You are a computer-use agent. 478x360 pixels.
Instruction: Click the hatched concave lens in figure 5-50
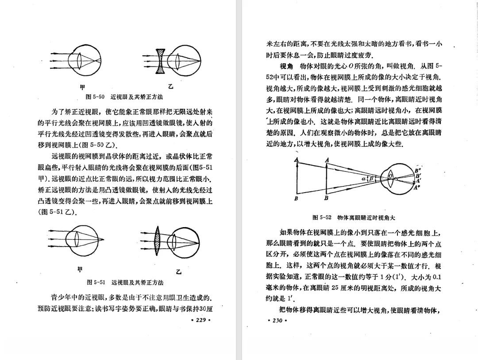[161, 59]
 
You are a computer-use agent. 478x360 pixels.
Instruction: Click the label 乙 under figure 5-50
[170, 86]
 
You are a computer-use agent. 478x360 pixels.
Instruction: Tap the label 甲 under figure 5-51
[80, 270]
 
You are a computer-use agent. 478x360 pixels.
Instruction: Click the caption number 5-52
[325, 217]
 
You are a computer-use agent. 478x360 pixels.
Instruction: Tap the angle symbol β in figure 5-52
[371, 178]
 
